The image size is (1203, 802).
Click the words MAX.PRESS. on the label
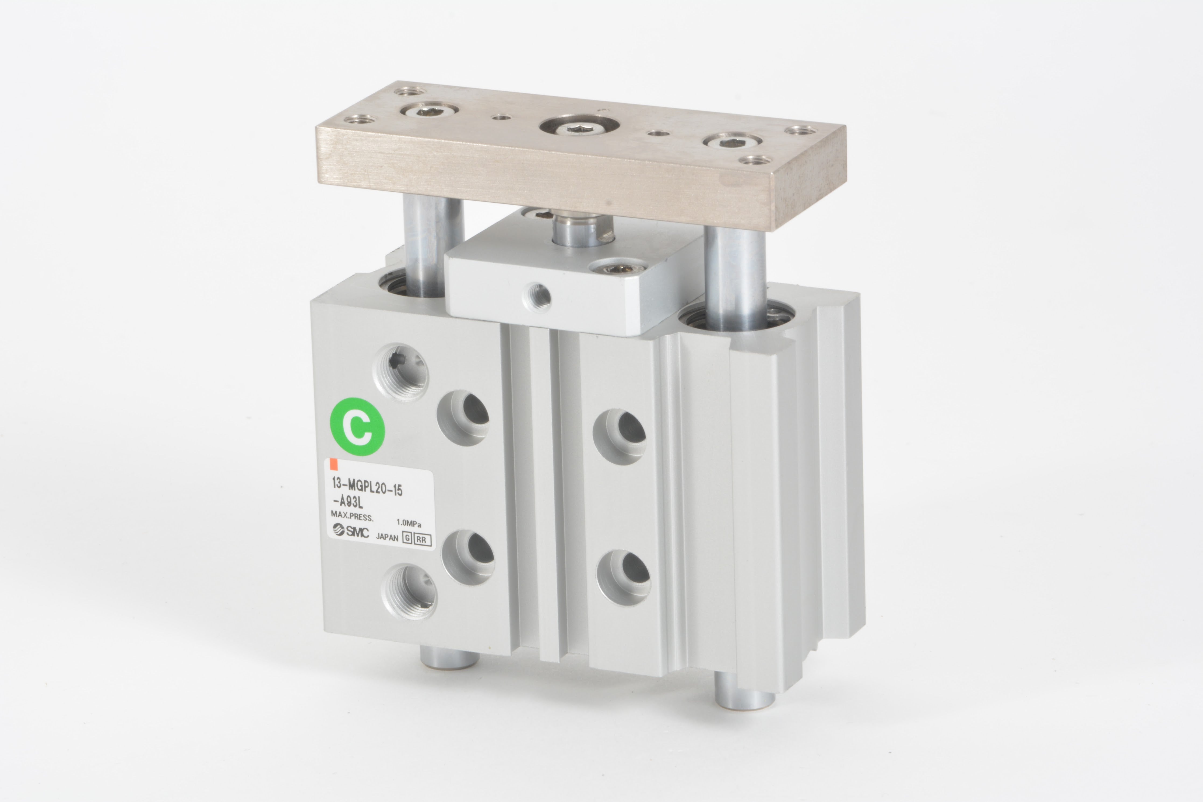[x=352, y=517]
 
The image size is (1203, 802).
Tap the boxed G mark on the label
[x=407, y=538]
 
